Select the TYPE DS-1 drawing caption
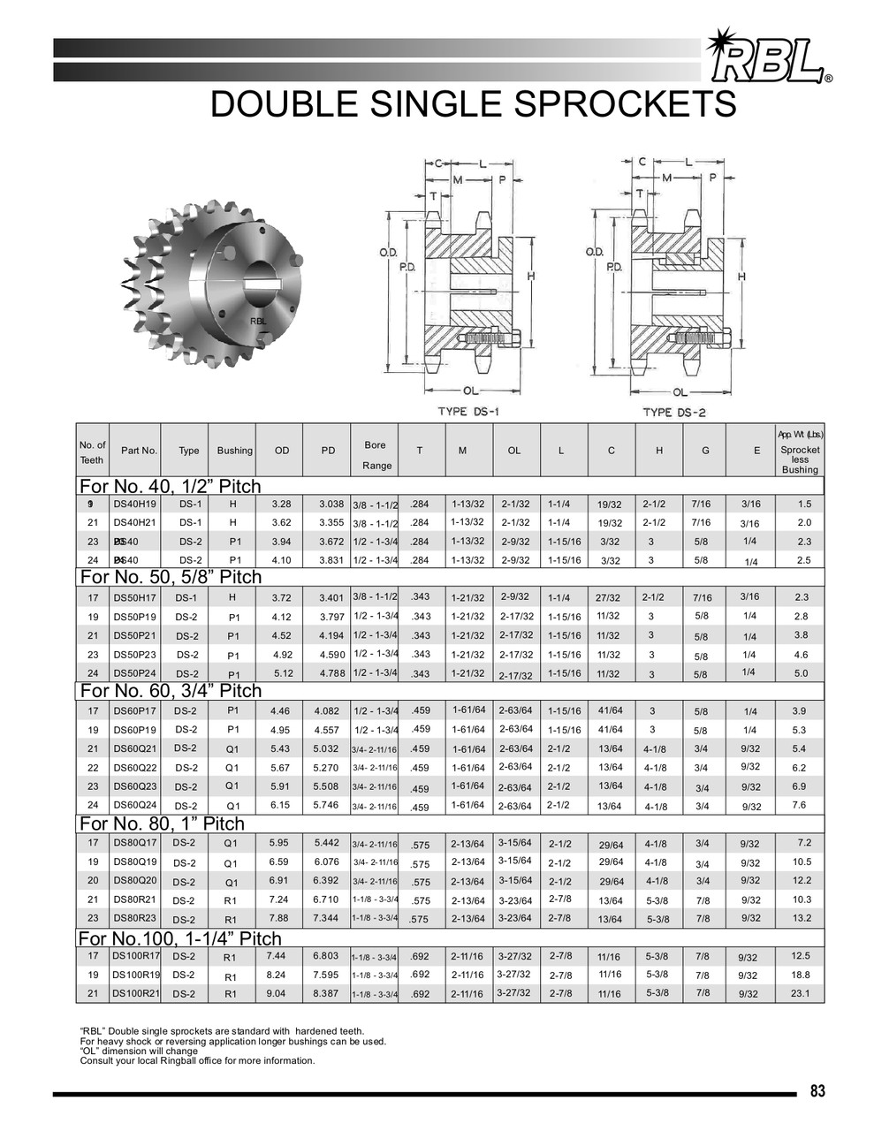(468, 412)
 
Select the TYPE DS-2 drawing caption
(674, 412)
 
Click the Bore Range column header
(375, 455)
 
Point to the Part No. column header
(139, 451)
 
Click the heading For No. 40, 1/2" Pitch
(170, 487)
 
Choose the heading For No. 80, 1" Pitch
(161, 824)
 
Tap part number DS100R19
(135, 975)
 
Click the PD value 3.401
(331, 598)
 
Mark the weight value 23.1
(800, 993)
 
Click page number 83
(817, 1091)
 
